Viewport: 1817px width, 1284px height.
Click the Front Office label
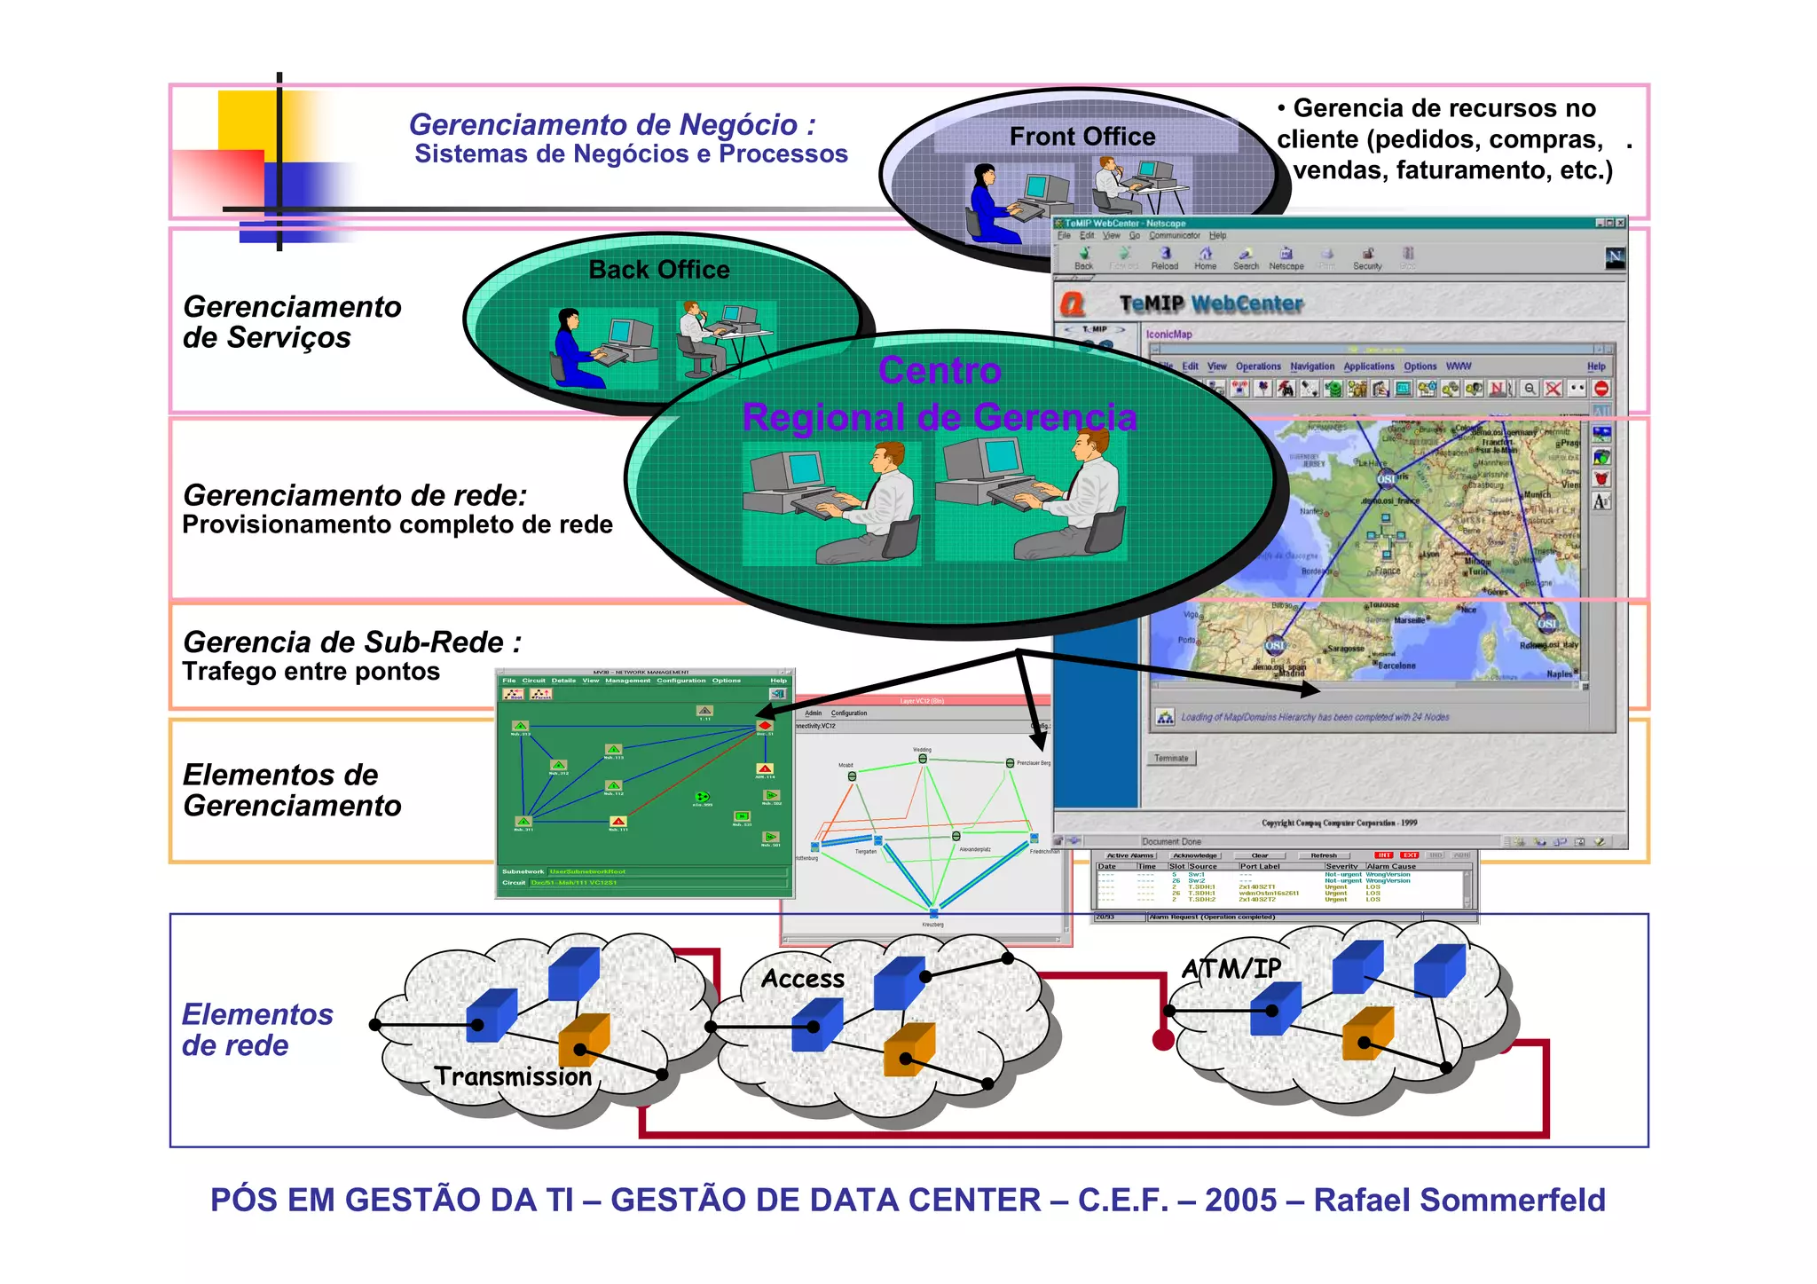pyautogui.click(x=1082, y=137)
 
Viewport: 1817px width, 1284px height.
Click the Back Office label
pyautogui.click(x=659, y=270)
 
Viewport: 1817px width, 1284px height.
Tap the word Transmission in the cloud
pyautogui.click(x=513, y=1076)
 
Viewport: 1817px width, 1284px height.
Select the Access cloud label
pyautogui.click(x=803, y=979)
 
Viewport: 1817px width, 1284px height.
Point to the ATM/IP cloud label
pyautogui.click(x=1231, y=968)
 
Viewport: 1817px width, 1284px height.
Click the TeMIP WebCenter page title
pyautogui.click(x=1211, y=304)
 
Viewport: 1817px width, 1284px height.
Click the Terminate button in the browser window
pyautogui.click(x=1171, y=759)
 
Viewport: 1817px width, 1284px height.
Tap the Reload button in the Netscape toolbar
pyautogui.click(x=1165, y=258)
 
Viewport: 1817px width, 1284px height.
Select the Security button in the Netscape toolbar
pyautogui.click(x=1367, y=258)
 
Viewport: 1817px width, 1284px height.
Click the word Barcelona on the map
pyautogui.click(x=1397, y=666)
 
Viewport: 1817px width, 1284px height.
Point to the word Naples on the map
pyautogui.click(x=1560, y=674)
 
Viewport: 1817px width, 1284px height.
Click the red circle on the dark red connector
pyautogui.click(x=1163, y=1040)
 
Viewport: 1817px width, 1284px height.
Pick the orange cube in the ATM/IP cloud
pyautogui.click(x=1367, y=1033)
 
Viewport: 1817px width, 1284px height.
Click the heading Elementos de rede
pyautogui.click(x=257, y=1029)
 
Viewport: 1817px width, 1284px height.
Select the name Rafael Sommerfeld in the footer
pyautogui.click(x=1459, y=1200)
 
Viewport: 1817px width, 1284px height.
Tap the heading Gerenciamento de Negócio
pyautogui.click(x=612, y=125)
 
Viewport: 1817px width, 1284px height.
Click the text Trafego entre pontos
pyautogui.click(x=311, y=672)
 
